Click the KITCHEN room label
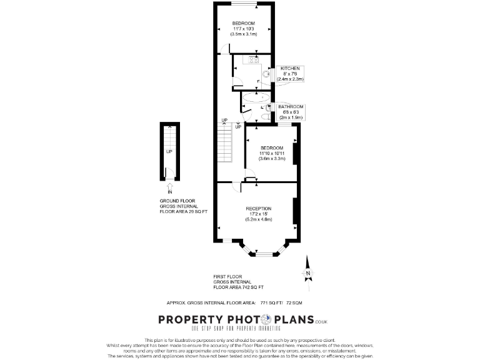click(290, 68)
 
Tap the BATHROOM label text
click(291, 106)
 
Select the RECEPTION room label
click(258, 207)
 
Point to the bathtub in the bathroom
click(255, 98)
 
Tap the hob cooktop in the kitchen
click(255, 61)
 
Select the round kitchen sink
click(266, 72)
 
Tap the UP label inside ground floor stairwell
click(169, 151)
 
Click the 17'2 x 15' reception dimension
click(258, 214)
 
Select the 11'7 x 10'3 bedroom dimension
click(244, 29)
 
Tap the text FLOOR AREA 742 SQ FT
click(239, 287)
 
